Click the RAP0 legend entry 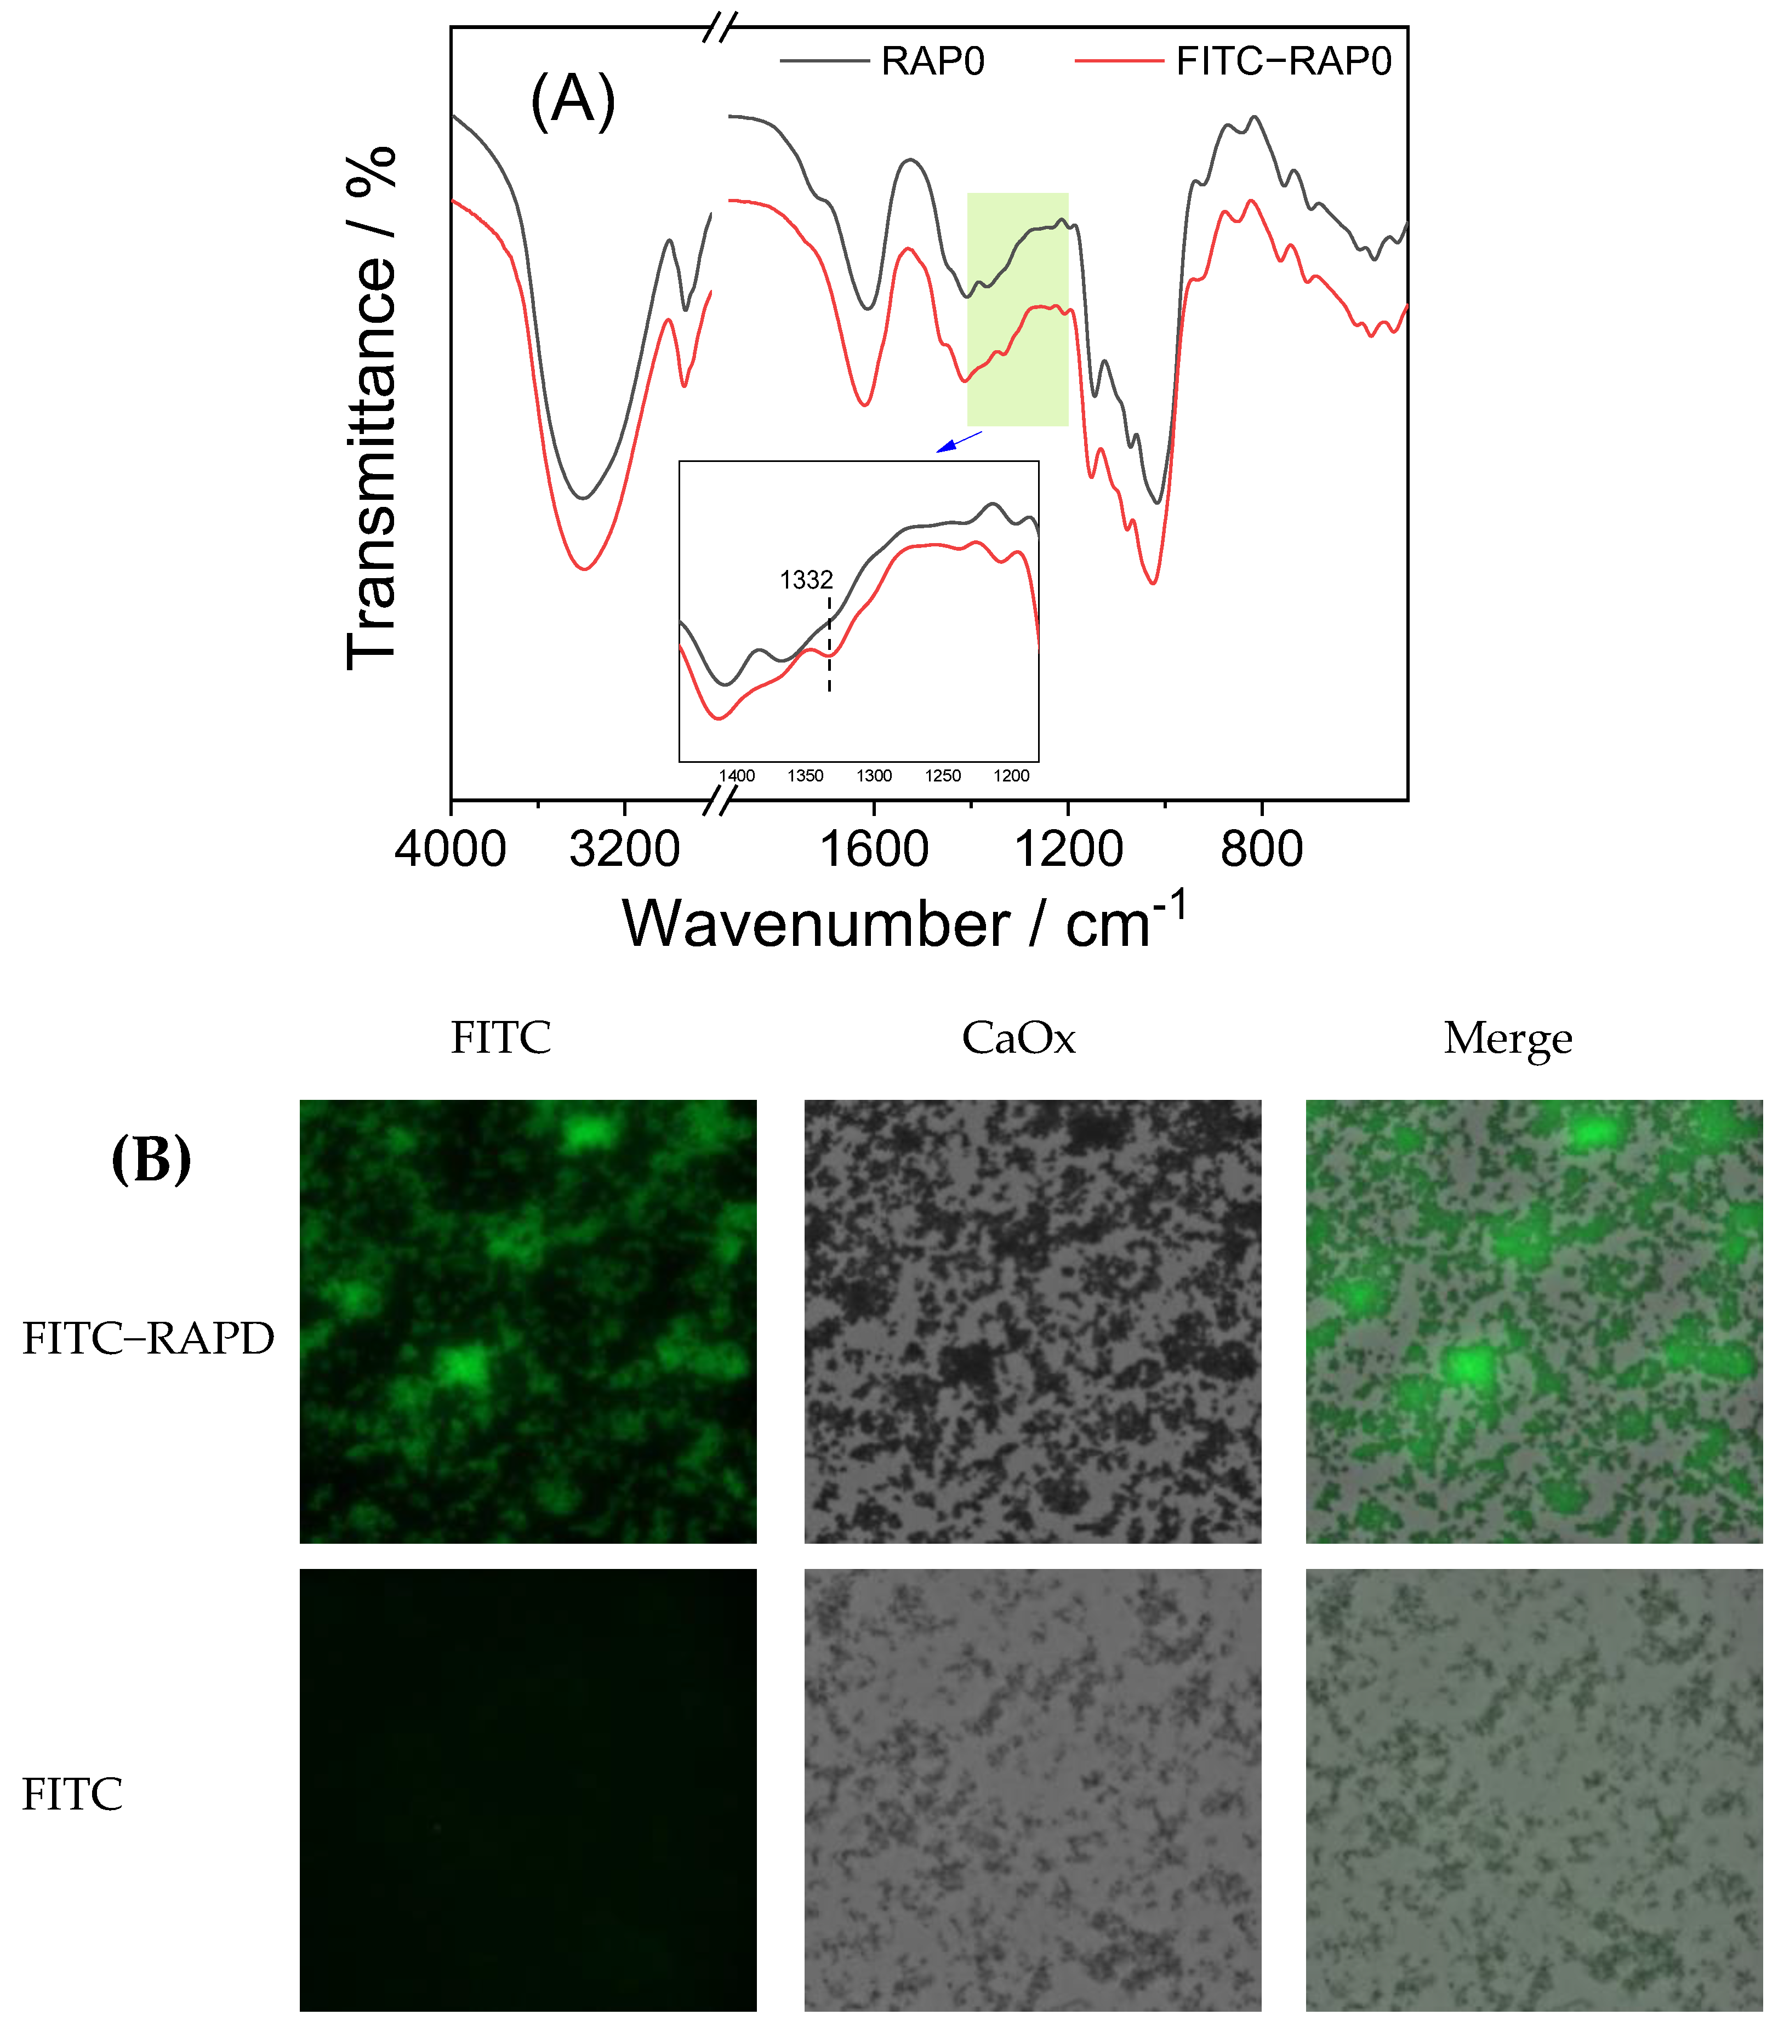[x=932, y=61]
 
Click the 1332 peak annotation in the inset [x=806, y=580]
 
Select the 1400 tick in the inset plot [x=737, y=776]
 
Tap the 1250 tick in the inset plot [x=943, y=776]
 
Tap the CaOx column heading [x=1018, y=1038]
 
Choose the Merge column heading [x=1507, y=1038]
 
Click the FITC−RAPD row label [x=147, y=1338]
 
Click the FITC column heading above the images [x=500, y=1038]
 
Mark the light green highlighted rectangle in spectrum [x=1018, y=309]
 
